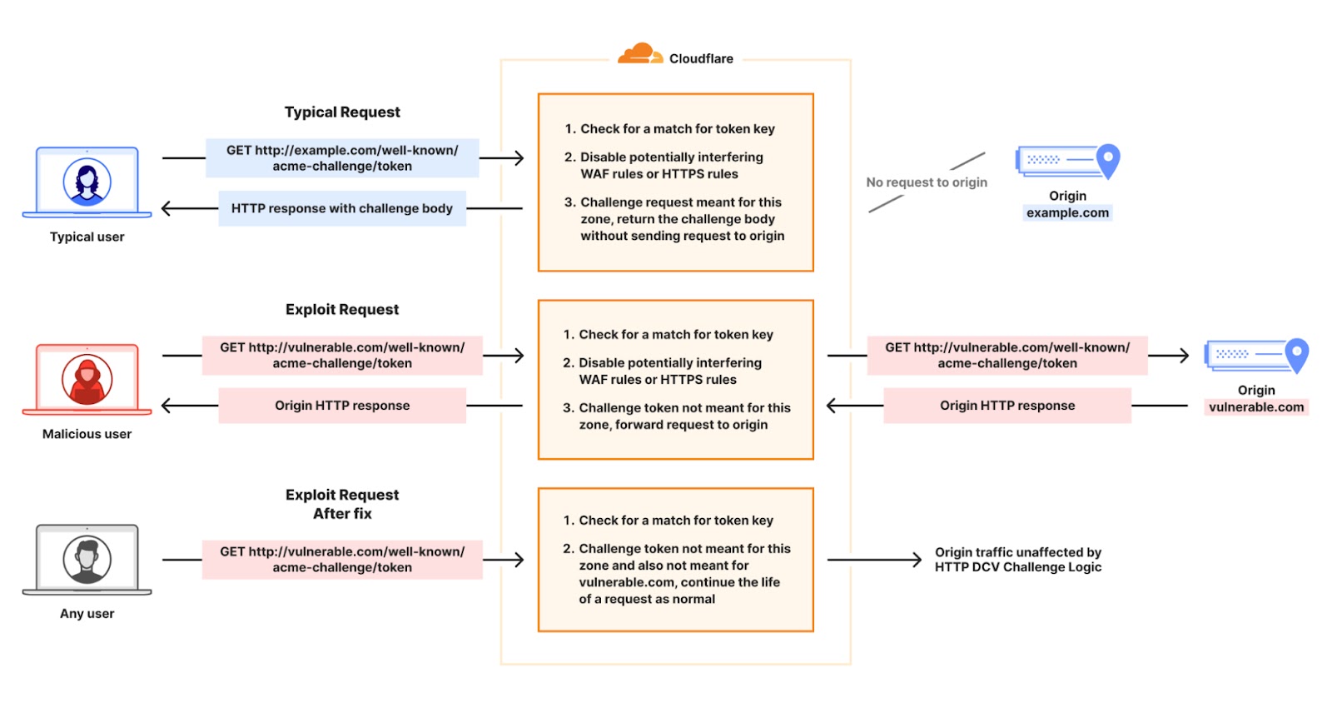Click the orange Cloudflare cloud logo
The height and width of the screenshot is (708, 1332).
639,54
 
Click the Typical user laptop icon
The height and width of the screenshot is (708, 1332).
87,182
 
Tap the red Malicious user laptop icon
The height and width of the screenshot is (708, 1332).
87,380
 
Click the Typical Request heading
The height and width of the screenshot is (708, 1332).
342,112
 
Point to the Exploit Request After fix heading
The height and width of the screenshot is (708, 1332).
342,504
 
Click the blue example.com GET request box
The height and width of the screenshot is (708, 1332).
342,158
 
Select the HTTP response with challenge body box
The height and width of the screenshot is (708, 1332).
342,208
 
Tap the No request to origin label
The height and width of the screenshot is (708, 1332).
927,182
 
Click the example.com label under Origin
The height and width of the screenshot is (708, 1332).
1067,213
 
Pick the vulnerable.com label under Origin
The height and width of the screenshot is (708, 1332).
1256,407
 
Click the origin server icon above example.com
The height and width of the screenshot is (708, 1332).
1067,161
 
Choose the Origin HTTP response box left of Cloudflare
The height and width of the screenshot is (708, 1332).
342,406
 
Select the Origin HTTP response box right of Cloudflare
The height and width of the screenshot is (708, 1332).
1007,406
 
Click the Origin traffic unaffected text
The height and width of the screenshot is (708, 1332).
1017,560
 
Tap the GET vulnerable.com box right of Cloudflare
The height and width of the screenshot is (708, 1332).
1007,356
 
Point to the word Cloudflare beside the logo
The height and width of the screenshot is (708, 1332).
701,59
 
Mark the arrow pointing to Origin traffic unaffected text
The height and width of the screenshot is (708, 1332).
874,560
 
